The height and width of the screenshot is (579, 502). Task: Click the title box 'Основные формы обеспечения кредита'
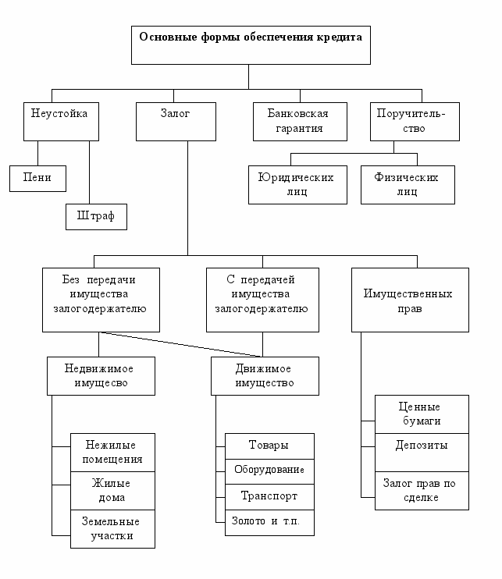tap(249, 44)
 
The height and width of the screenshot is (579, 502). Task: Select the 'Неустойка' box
tap(59, 120)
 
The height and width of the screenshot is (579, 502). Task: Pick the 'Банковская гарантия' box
tap(301, 120)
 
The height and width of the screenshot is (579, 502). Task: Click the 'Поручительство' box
tap(413, 120)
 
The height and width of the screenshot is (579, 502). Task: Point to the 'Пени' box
tap(37, 178)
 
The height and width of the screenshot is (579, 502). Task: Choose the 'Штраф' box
tap(96, 216)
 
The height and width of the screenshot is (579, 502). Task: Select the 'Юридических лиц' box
tap(297, 184)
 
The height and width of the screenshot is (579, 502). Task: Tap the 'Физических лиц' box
tap(408, 184)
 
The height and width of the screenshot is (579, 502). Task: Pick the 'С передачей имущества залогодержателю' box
tap(262, 300)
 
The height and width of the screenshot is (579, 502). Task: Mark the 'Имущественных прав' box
tap(409, 300)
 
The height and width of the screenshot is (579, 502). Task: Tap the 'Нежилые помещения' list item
tap(112, 452)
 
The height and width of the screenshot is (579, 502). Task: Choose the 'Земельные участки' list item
tap(112, 528)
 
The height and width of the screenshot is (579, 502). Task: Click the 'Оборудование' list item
tap(269, 471)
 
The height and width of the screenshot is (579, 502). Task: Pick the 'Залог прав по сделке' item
tap(421, 490)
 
